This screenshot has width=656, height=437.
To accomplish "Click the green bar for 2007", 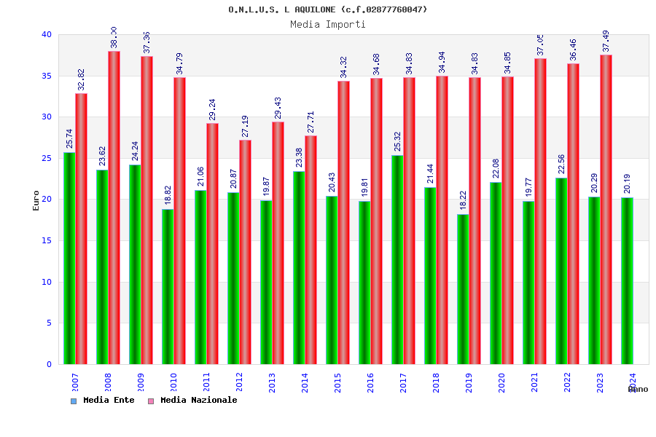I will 69,259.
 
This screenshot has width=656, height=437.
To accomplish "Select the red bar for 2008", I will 114,208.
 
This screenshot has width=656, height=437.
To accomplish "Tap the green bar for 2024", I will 627,281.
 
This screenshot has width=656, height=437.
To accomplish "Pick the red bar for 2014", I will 311,250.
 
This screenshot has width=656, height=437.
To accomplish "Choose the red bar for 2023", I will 606,210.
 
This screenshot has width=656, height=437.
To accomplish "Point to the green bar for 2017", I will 397,260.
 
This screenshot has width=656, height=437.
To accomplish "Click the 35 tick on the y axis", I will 47,76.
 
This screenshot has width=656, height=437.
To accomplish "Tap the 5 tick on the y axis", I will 49,323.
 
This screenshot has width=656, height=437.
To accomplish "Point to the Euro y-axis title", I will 36,200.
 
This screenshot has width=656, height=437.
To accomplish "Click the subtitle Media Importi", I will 328,25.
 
